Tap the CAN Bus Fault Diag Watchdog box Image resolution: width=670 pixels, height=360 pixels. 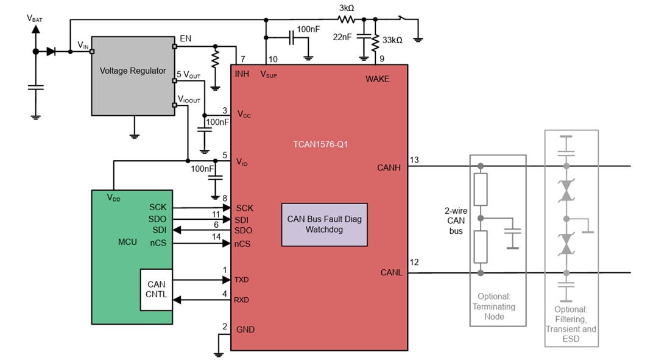click(324, 224)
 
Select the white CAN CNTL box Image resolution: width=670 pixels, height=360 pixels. click(157, 289)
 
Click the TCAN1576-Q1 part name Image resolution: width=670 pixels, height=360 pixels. click(319, 145)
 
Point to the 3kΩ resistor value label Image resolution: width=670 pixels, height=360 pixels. click(347, 8)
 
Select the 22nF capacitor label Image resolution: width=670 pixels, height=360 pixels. click(342, 37)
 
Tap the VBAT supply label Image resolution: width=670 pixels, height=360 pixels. click(35, 18)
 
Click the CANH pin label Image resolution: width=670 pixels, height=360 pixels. click(389, 167)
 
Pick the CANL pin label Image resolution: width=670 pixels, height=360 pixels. click(391, 272)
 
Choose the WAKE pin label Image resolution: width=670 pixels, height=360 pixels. click(377, 79)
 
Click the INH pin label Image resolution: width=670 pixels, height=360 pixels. click(242, 74)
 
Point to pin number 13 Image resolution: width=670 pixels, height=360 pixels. click(414, 160)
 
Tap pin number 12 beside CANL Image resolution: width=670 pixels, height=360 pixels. click(414, 263)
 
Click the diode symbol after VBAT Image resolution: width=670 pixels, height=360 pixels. click(51, 52)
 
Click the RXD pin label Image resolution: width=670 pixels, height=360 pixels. click(242, 300)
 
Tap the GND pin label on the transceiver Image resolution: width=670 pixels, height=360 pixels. click(245, 330)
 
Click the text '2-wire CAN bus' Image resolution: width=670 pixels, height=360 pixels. click(456, 221)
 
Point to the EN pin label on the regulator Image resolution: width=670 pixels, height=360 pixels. click(185, 38)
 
